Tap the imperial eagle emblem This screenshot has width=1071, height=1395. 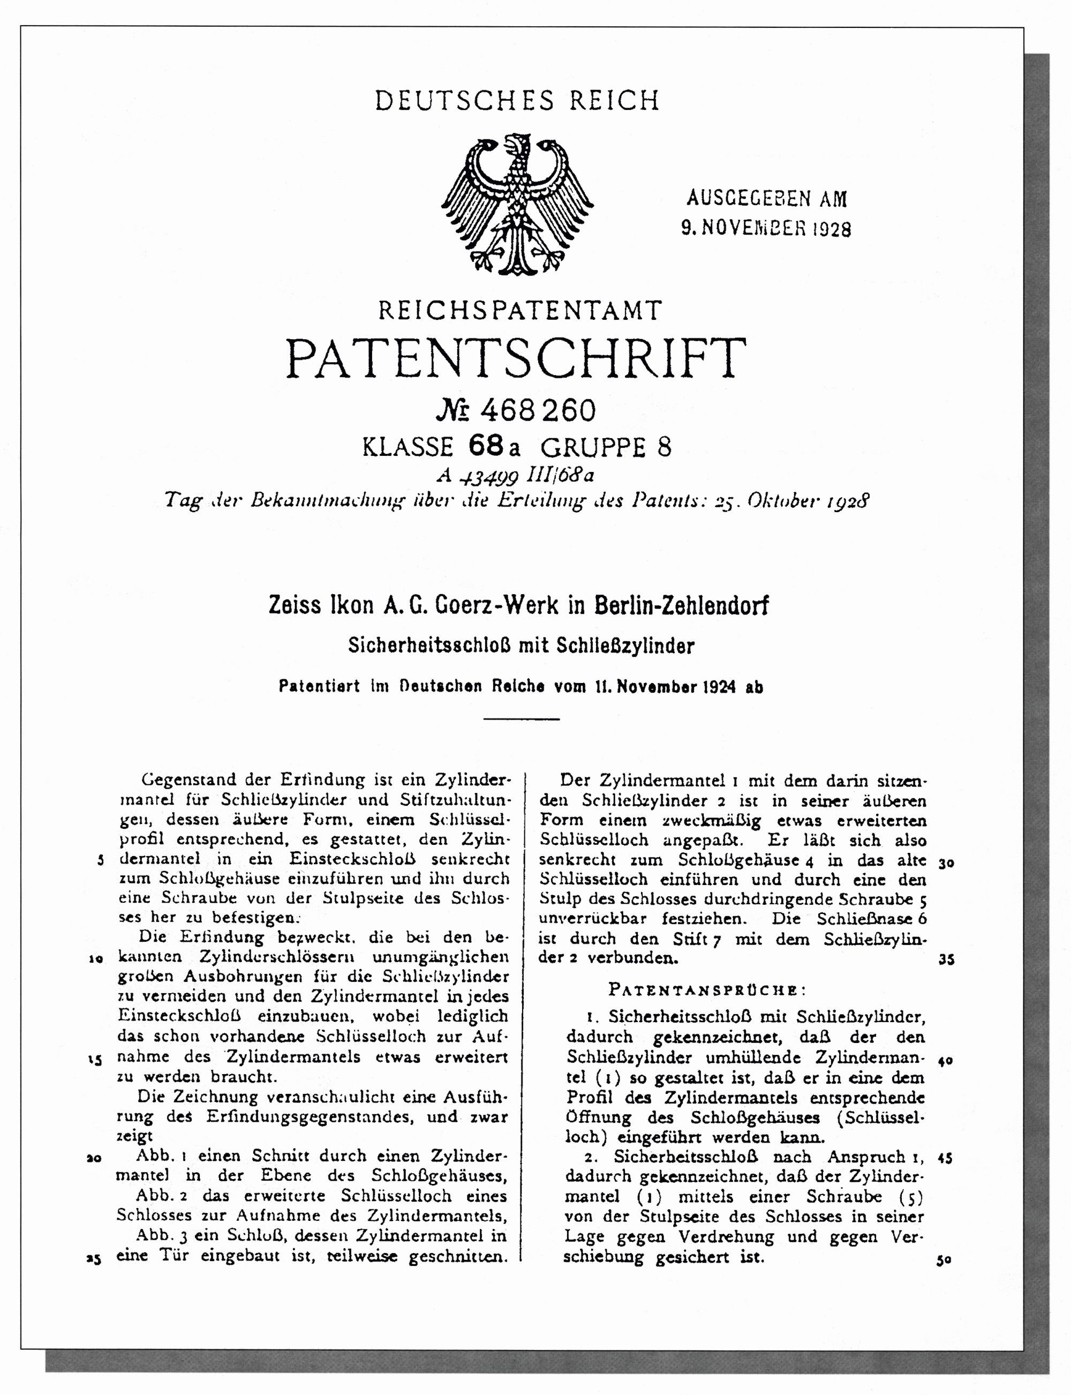517,204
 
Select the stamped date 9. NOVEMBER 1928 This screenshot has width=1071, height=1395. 766,228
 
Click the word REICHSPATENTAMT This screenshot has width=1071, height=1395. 520,311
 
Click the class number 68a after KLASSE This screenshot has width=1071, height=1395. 494,447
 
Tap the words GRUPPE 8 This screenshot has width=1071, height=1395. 606,447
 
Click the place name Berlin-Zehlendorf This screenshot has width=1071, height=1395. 681,605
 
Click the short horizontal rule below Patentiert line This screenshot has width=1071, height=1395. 521,719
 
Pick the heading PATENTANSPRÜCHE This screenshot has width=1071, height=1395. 707,990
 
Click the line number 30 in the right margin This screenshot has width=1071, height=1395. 946,863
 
